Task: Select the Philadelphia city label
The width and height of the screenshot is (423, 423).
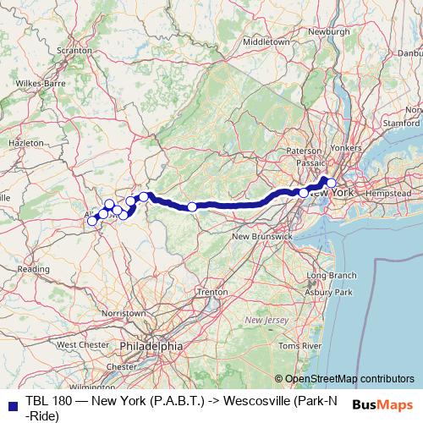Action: [151, 346]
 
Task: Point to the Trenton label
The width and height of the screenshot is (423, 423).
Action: [211, 291]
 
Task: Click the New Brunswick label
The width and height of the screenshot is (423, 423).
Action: [262, 236]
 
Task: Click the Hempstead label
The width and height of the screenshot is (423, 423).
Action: [388, 194]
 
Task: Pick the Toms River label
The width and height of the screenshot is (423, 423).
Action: [299, 346]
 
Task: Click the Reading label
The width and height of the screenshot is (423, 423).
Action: [33, 268]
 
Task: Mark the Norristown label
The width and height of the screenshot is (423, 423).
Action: [124, 313]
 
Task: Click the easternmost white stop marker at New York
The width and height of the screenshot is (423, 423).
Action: [332, 183]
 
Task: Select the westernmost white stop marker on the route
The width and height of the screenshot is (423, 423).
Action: [92, 222]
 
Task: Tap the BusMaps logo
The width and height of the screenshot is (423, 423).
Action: [382, 405]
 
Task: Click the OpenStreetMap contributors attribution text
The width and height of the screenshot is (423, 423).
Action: [350, 378]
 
